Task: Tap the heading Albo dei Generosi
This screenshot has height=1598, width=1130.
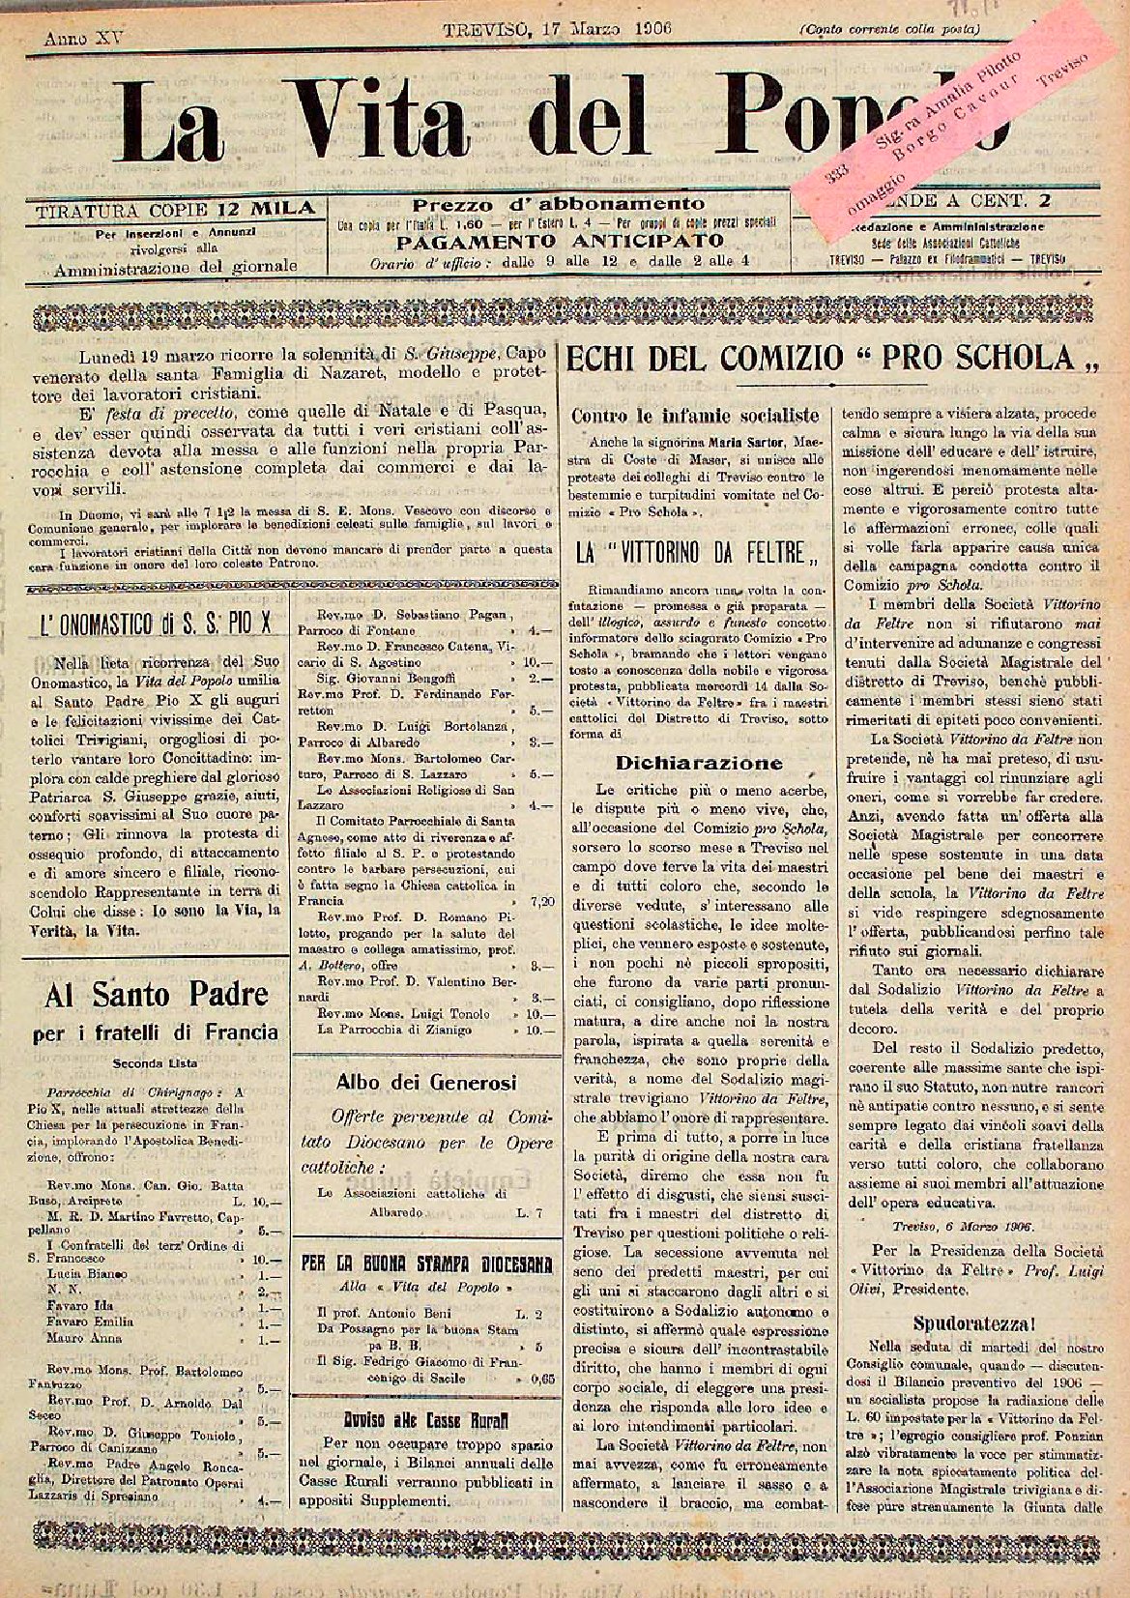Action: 426,1082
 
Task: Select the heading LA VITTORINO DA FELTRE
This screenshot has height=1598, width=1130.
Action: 697,555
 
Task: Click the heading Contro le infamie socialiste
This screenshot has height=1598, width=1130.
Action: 696,416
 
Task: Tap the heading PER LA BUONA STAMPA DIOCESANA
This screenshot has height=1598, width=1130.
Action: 426,1263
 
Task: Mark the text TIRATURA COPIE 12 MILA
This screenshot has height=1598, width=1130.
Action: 175,209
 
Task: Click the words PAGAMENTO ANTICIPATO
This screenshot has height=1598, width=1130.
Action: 559,241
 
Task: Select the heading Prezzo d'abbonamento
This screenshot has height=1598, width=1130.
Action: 559,204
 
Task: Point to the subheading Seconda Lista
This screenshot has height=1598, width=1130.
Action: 156,1062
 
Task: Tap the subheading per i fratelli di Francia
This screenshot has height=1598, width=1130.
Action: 156,1032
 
